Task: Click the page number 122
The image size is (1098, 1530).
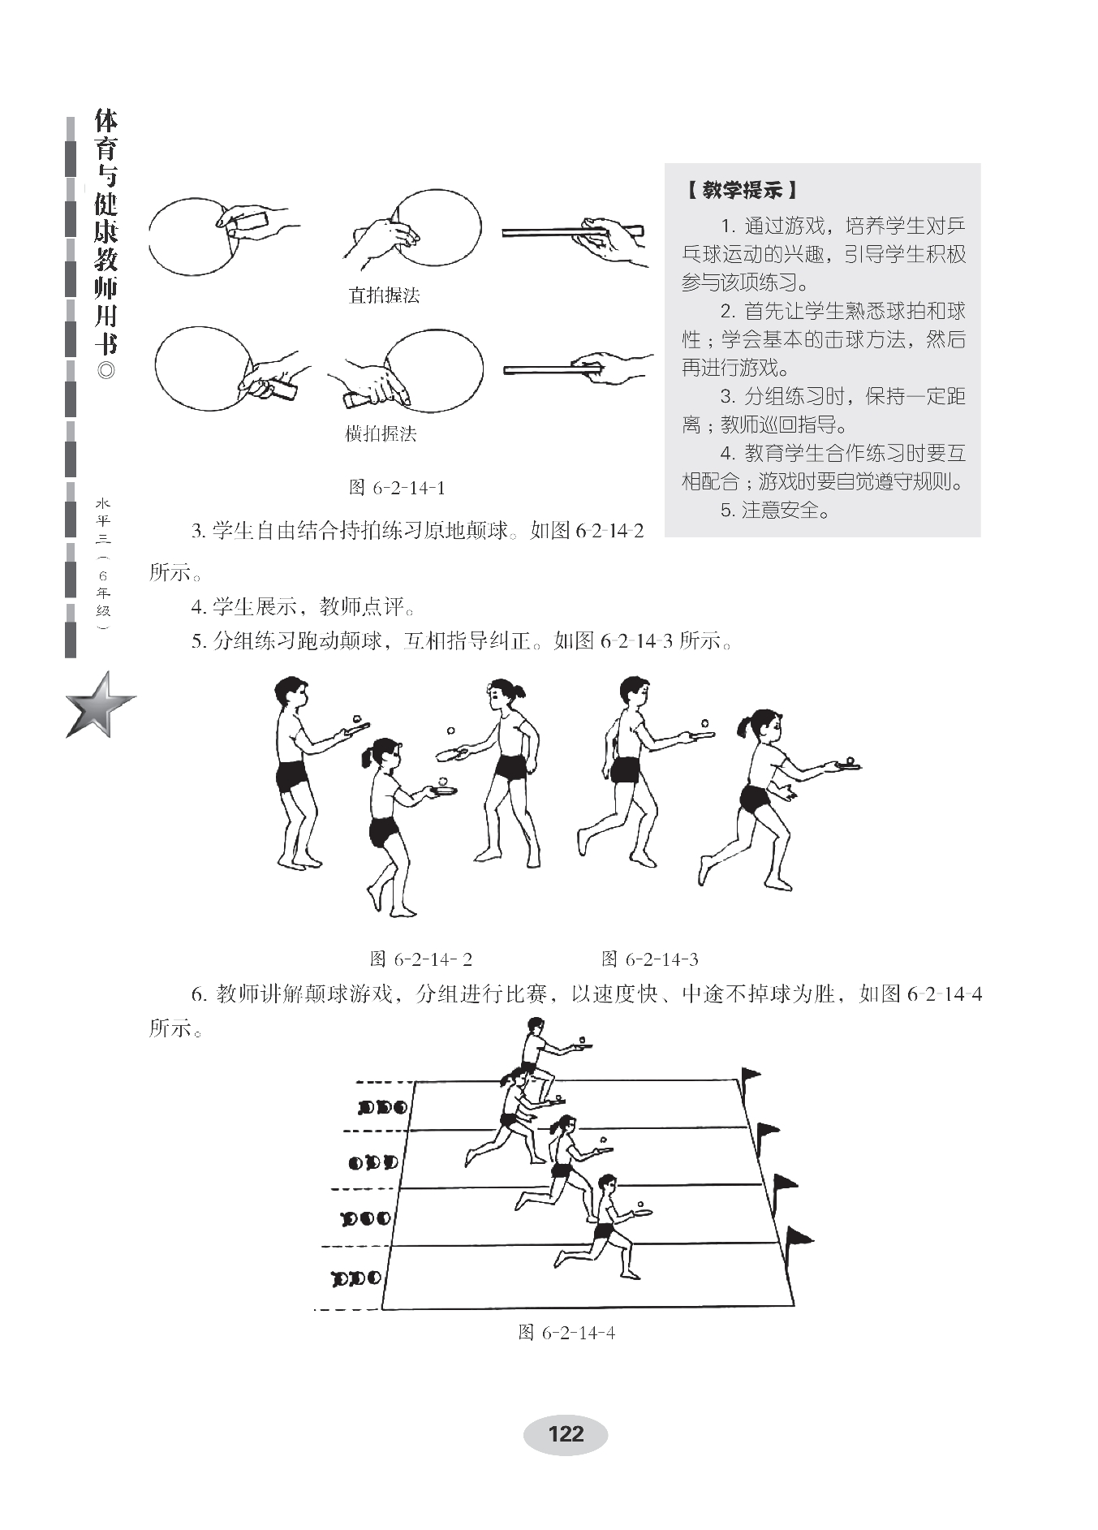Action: [566, 1433]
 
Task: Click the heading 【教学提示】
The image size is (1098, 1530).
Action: [740, 191]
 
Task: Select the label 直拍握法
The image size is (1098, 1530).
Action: [384, 295]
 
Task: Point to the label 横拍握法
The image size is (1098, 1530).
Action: [381, 433]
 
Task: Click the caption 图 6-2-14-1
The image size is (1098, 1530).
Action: [397, 488]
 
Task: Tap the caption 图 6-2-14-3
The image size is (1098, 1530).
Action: [650, 959]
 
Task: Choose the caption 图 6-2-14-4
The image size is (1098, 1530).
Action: [566, 1333]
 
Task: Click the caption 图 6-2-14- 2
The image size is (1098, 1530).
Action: [421, 959]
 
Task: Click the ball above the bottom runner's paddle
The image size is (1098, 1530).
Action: [641, 1205]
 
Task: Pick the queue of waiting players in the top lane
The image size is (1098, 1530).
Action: [382, 1107]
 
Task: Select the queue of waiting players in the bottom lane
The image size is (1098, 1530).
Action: [356, 1278]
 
